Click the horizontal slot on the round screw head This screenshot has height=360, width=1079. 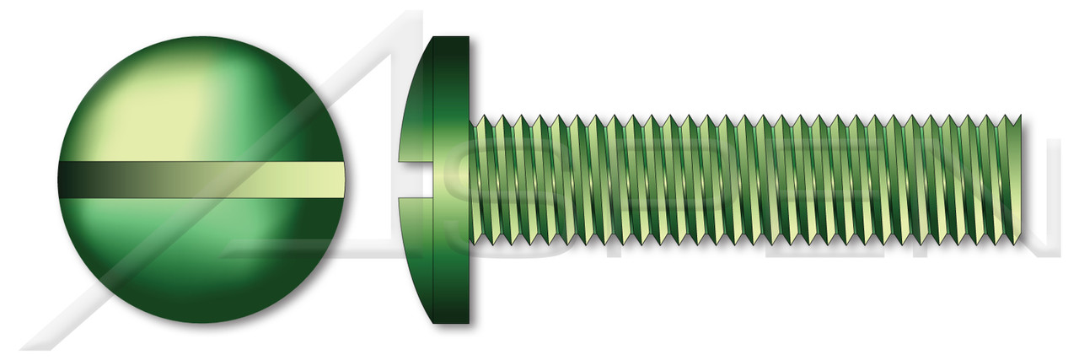(202, 180)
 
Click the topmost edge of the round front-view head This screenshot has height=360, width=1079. (202, 37)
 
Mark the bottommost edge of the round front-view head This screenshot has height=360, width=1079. (202, 323)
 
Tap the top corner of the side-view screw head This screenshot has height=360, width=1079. (451, 39)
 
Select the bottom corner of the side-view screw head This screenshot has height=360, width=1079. (451, 321)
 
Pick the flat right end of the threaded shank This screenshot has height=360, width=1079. (1020, 180)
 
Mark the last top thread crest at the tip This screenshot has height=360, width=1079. (1019, 116)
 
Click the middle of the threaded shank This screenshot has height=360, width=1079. (746, 180)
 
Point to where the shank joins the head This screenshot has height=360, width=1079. (470, 180)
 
